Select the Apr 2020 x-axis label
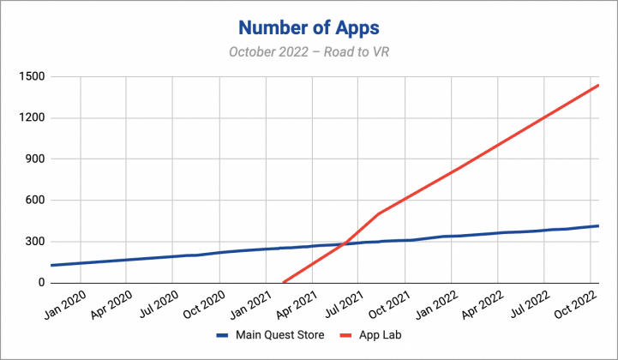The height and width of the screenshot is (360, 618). [x=108, y=304]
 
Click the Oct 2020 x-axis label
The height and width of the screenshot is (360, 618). [x=202, y=304]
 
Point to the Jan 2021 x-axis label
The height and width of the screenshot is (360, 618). [x=249, y=304]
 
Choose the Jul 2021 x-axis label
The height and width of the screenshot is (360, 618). [x=342, y=304]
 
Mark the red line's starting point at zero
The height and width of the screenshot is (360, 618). [x=283, y=282]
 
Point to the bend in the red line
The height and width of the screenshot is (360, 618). [x=378, y=213]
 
